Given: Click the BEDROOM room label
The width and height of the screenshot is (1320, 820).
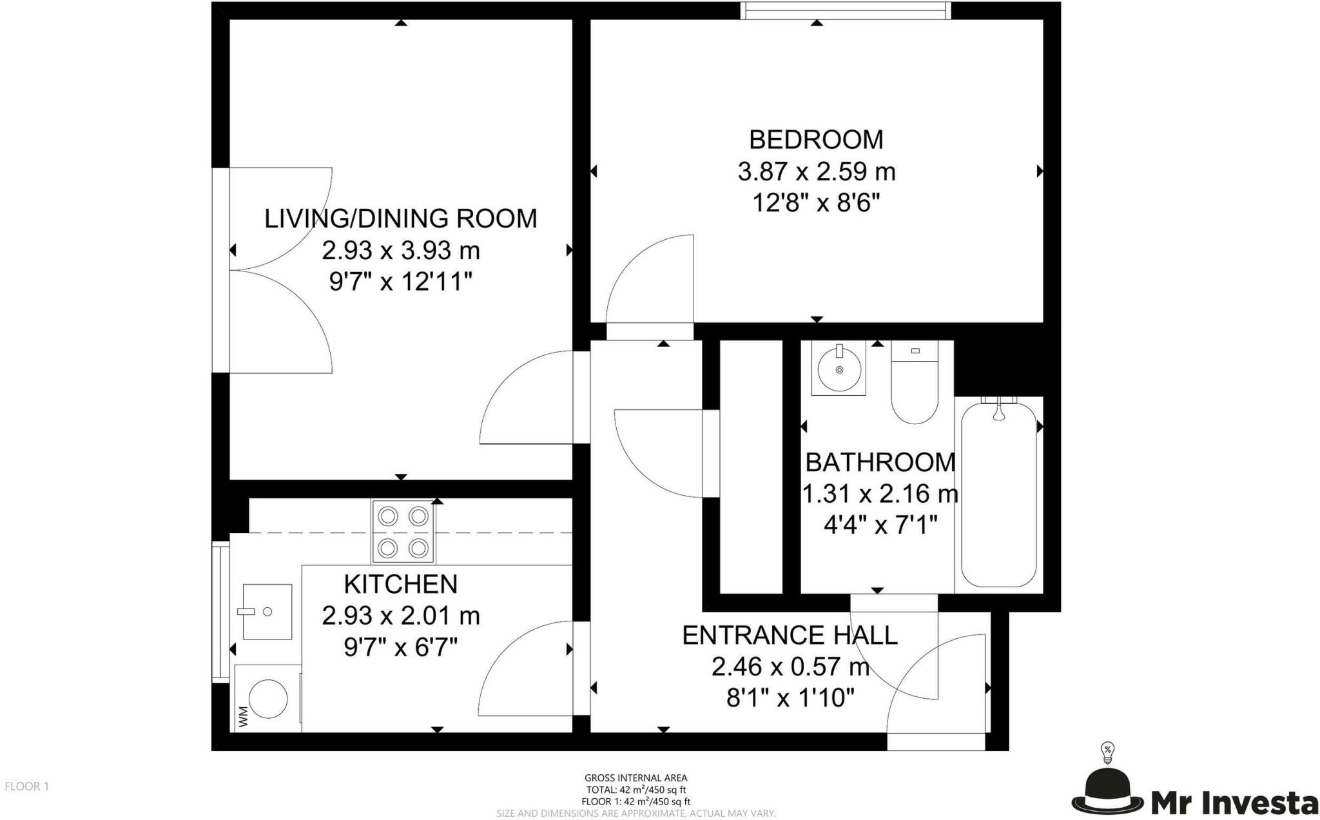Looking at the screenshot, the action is tap(816, 140).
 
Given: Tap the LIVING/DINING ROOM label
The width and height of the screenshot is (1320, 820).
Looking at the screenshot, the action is tap(400, 219).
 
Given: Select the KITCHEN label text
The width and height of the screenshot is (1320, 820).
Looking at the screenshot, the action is tap(400, 584).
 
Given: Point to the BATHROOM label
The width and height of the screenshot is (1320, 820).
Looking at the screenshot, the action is tap(880, 462).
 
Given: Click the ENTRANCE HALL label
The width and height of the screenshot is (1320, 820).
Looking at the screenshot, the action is tap(790, 636).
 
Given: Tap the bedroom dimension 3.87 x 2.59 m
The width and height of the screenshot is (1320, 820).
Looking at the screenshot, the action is tap(816, 172).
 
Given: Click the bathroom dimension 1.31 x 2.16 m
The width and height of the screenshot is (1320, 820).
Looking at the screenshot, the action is tap(880, 494).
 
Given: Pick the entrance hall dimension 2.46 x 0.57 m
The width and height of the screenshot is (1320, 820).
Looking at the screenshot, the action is tap(790, 667).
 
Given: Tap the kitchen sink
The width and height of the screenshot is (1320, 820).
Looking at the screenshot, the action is tap(267, 611).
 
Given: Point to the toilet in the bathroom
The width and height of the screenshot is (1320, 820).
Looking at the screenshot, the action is tap(915, 382).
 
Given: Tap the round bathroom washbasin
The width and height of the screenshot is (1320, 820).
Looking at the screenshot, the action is tap(839, 369).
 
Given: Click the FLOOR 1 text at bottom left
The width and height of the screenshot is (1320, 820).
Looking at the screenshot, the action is tap(27, 786).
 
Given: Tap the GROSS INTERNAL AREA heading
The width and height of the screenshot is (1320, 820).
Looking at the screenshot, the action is tap(636, 778).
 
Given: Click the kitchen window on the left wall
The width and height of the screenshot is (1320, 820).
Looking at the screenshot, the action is tap(220, 611).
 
